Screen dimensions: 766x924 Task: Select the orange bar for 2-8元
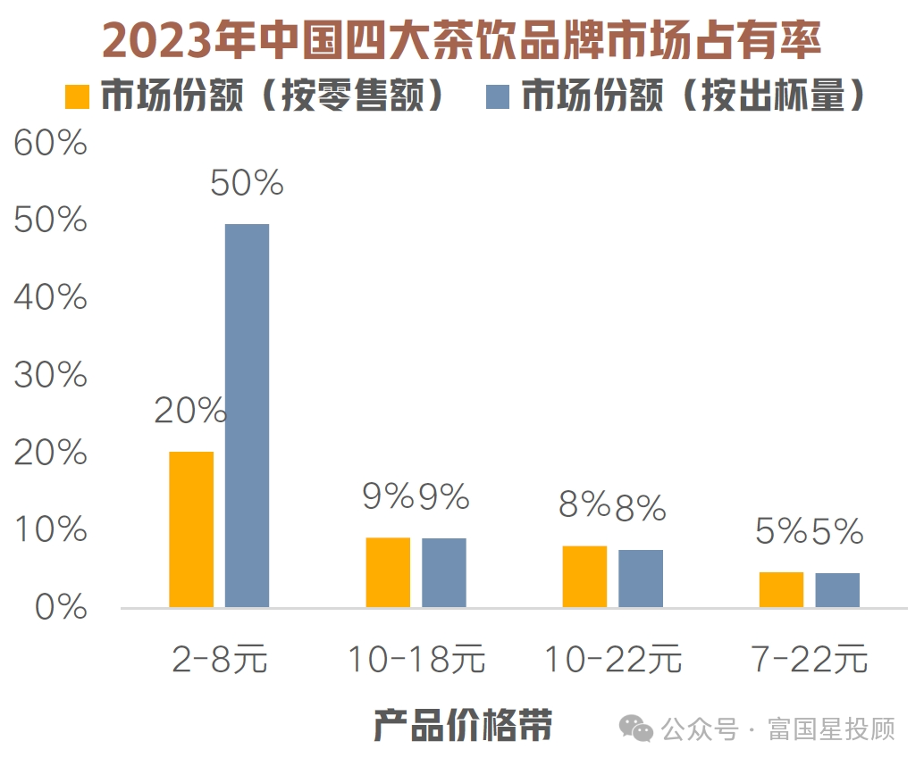pos(191,529)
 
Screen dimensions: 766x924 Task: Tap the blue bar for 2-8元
pos(247,416)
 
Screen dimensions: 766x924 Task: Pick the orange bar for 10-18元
pos(388,572)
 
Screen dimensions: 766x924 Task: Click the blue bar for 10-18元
pos(444,573)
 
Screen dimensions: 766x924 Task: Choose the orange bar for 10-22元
pos(584,577)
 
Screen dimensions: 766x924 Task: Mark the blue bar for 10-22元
pos(641,579)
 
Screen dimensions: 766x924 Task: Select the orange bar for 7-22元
pos(781,589)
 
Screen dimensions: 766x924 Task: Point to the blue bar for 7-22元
pos(837,590)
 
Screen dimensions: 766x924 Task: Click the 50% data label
pos(247,183)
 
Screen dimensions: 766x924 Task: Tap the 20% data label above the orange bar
pos(189,411)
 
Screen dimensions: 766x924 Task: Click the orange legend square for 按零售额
pos(79,96)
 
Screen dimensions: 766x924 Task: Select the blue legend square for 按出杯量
pos(498,96)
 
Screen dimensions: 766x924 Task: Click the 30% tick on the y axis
pos(51,376)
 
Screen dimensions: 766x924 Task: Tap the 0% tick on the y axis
pos(58,609)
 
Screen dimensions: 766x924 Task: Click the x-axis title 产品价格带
pos(462,725)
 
